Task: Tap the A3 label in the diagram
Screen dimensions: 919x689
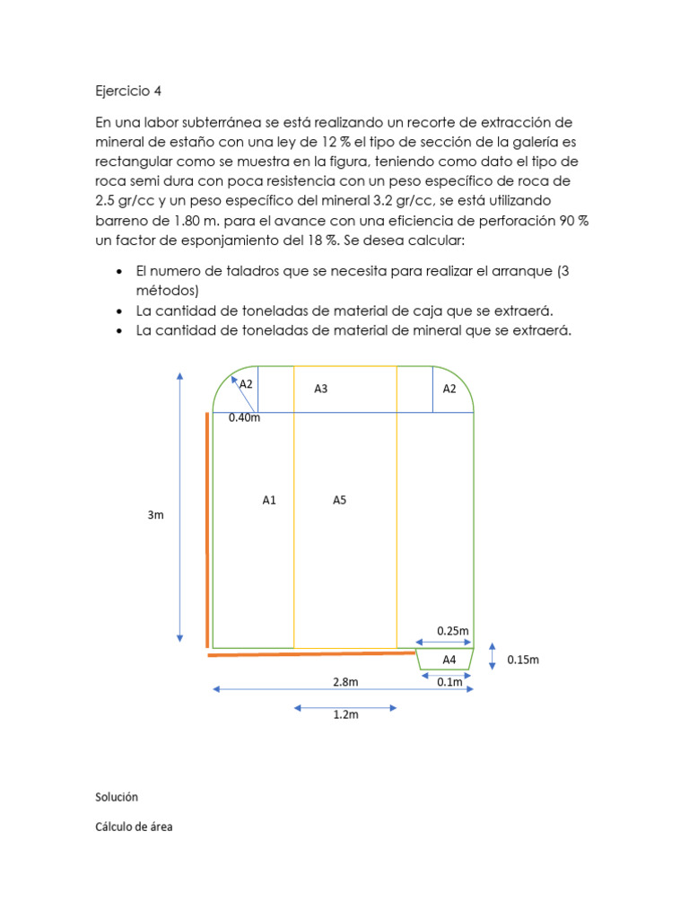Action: pos(320,389)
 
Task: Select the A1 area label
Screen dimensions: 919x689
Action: pos(269,501)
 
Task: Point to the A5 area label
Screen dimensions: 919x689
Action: pos(339,501)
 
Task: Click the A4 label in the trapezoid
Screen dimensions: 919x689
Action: pos(449,660)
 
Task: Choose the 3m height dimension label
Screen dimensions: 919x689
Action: pos(156,515)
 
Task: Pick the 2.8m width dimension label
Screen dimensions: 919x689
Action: pos(345,681)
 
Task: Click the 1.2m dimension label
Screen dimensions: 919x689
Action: pos(345,715)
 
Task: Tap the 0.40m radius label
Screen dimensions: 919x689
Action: pos(244,417)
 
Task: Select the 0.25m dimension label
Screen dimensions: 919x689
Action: pos(453,631)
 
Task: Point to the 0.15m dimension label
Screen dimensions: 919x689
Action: pos(523,660)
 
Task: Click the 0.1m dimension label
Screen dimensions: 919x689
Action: pos(449,682)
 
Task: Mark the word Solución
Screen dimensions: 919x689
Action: pos(117,796)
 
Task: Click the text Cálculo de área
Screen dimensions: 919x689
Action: pos(134,827)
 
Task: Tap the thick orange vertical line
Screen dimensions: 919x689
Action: pos(208,530)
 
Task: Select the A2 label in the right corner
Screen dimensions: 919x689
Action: pos(450,389)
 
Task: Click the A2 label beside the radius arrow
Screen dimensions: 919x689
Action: pos(246,384)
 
